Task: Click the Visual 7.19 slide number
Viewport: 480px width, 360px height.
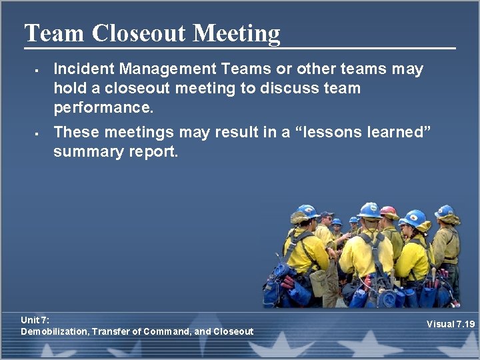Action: (451, 325)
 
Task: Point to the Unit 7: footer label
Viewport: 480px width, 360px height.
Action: (35, 320)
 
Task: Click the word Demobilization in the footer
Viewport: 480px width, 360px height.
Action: (54, 331)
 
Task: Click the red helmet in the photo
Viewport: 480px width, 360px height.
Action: (388, 212)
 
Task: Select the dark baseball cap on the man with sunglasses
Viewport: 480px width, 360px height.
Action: (326, 215)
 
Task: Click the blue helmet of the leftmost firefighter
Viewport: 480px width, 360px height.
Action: (307, 211)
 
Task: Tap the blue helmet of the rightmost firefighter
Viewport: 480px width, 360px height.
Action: (445, 211)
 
